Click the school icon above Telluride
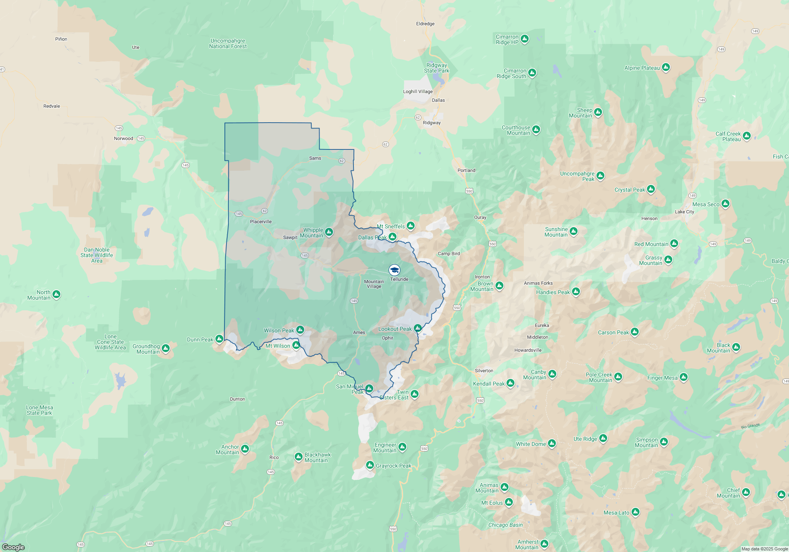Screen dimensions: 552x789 (x=394, y=270)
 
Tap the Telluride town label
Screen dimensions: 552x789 (x=399, y=279)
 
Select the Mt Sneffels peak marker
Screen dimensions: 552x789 (x=411, y=226)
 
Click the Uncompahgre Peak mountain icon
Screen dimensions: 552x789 (x=600, y=175)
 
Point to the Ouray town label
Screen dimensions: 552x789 (x=480, y=217)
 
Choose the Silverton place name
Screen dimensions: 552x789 (x=484, y=371)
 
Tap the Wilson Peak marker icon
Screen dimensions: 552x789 (x=300, y=330)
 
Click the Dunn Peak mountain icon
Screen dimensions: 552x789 (x=219, y=339)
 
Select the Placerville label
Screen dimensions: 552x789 (x=261, y=222)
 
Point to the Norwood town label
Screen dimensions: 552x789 (x=123, y=138)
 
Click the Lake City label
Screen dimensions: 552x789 (x=684, y=212)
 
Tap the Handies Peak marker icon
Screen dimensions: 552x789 (x=576, y=291)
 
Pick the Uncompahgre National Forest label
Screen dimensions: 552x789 (x=228, y=43)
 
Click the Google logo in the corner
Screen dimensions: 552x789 (x=13, y=547)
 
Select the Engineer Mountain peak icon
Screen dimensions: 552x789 (x=402, y=447)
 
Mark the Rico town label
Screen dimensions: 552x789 (x=274, y=457)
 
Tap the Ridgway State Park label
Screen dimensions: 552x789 (x=437, y=68)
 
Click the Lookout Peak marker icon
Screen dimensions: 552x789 (x=418, y=328)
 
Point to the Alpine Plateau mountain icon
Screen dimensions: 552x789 (x=666, y=67)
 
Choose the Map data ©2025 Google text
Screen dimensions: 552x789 (x=765, y=549)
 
